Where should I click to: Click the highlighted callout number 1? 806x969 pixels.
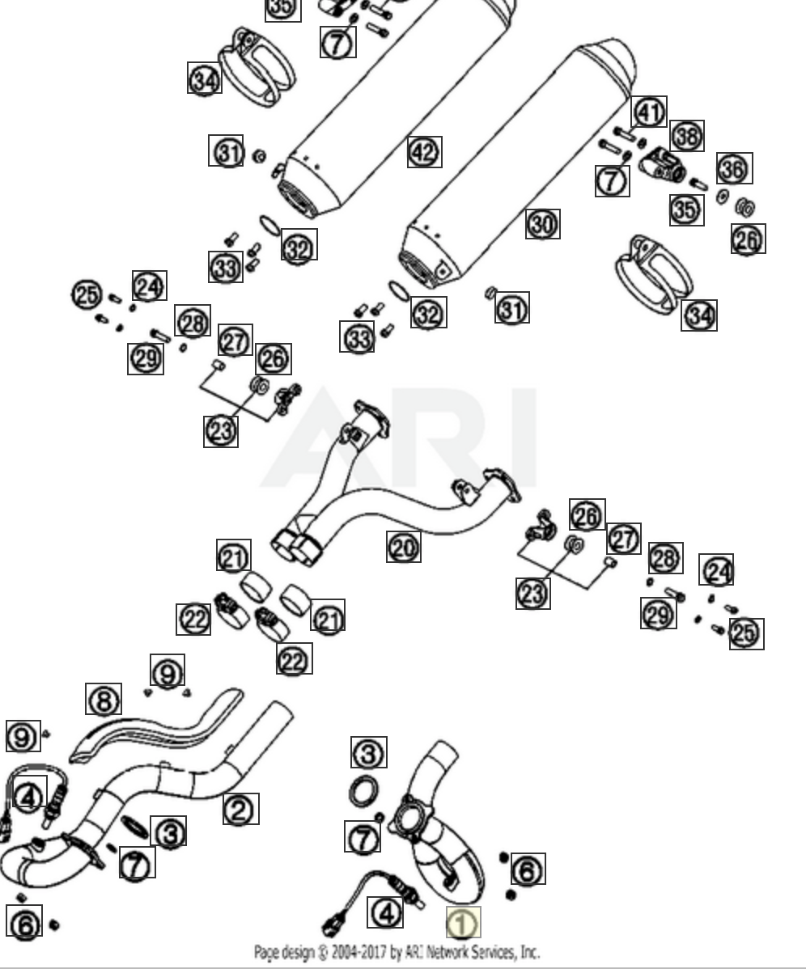(463, 923)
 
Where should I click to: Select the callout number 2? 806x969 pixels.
(241, 808)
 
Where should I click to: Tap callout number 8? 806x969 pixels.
(104, 700)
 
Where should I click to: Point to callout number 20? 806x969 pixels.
(404, 548)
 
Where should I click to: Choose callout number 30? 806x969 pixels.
(543, 223)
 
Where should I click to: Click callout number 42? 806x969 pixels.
(425, 151)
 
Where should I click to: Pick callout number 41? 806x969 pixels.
(649, 112)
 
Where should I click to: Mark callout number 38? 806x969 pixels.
(687, 136)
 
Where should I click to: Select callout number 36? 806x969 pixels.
(734, 169)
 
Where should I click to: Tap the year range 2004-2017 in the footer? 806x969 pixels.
(350, 952)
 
